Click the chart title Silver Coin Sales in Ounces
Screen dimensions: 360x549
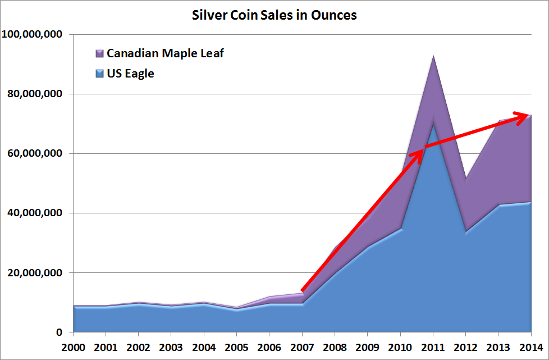click(274, 15)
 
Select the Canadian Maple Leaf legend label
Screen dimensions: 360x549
click(165, 54)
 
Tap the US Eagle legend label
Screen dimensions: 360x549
click(130, 73)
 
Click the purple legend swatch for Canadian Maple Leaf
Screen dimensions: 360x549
click(99, 54)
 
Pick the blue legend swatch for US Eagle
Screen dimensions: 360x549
click(99, 73)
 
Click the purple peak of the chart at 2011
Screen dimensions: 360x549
click(433, 57)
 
